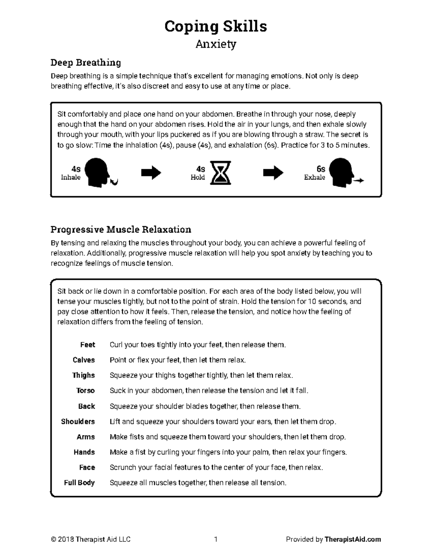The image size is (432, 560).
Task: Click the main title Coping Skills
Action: (x=216, y=26)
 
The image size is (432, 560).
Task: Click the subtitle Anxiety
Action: (x=216, y=44)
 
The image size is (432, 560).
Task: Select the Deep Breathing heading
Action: (x=86, y=63)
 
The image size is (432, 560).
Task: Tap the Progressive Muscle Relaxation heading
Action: (x=121, y=229)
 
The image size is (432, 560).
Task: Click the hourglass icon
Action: (x=220, y=173)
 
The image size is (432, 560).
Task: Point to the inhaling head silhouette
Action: (x=99, y=173)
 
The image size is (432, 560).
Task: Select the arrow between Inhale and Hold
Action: (x=151, y=173)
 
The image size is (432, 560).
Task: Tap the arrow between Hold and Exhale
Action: (x=273, y=173)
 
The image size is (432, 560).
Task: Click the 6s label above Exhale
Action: (x=320, y=169)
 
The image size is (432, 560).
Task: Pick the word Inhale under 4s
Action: (x=71, y=177)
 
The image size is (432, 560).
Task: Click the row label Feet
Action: (x=87, y=345)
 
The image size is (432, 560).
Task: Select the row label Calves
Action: (x=84, y=360)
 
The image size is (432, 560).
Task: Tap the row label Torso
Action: (x=85, y=391)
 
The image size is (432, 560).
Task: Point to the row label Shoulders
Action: (x=78, y=422)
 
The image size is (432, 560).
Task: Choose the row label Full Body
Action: (x=79, y=482)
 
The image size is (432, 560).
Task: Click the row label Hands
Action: (x=84, y=452)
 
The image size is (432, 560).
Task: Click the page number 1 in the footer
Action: (x=216, y=539)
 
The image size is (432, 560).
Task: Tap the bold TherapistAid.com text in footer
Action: (x=352, y=539)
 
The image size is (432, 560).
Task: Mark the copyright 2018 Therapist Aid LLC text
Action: (x=91, y=539)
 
